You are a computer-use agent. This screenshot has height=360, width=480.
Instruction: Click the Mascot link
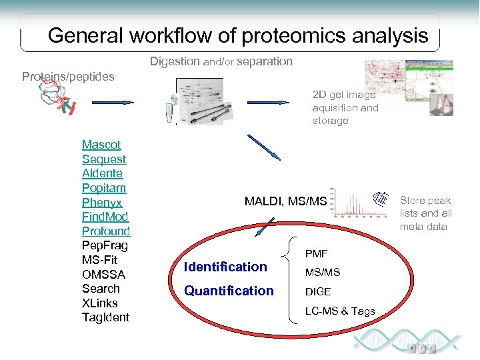pos(101,145)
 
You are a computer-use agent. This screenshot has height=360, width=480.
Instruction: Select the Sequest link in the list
pos(103,159)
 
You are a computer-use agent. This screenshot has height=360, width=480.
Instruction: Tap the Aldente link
pos(102,173)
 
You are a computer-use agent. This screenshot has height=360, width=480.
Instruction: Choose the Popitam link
pos(103,188)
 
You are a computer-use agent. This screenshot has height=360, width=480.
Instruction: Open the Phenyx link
pos(102,203)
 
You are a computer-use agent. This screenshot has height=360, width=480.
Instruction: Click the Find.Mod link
pos(105,217)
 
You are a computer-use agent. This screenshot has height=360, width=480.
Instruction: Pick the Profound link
pos(106,231)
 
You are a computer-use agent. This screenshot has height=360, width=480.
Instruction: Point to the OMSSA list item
pos(103,275)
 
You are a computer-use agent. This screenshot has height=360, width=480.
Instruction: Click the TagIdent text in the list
pos(105,317)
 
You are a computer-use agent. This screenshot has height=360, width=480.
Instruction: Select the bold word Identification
pos(225,267)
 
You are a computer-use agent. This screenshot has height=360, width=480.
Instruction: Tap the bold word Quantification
pos(229,291)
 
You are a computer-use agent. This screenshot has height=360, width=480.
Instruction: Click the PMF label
pos(316,254)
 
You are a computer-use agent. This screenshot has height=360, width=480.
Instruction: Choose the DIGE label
pos(318,292)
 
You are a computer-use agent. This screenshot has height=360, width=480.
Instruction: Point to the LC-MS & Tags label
pos(340,311)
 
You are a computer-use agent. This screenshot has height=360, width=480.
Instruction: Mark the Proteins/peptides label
pos(68,77)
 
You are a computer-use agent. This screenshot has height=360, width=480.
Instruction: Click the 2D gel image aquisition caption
pos(345,108)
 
